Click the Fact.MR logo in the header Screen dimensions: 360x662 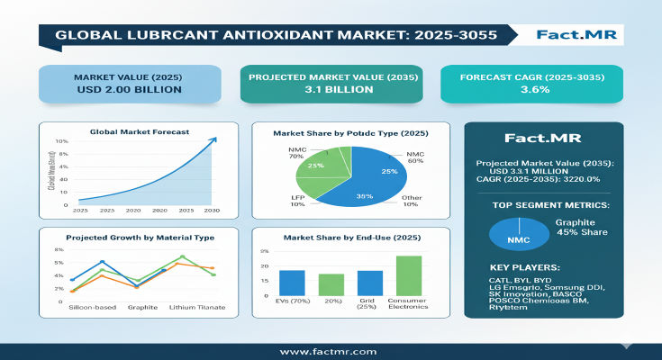(x=573, y=35)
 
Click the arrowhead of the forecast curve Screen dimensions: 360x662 (x=212, y=139)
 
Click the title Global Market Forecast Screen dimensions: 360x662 (x=140, y=131)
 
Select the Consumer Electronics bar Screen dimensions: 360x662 (x=409, y=274)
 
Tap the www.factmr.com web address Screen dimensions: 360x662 (x=329, y=351)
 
